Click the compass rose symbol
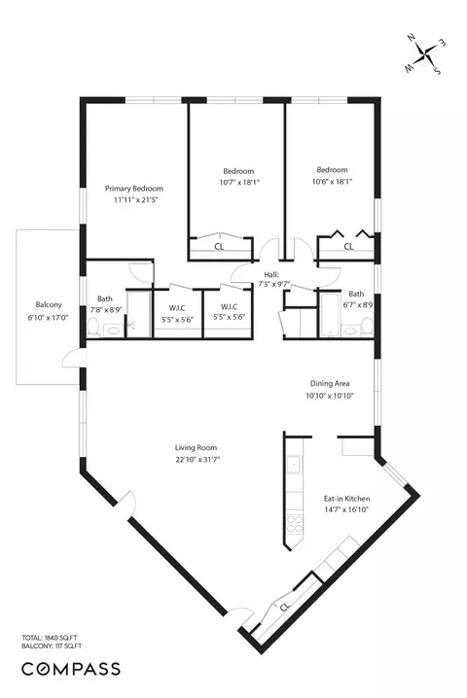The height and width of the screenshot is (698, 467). pyautogui.click(x=425, y=54)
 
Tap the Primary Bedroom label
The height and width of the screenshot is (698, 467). pyautogui.click(x=134, y=189)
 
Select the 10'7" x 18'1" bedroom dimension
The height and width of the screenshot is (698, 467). pyautogui.click(x=239, y=182)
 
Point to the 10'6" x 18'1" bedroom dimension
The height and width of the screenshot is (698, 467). pyautogui.click(x=332, y=182)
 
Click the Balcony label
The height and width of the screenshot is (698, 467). pyautogui.click(x=49, y=304)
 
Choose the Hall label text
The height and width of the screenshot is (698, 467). pyautogui.click(x=271, y=275)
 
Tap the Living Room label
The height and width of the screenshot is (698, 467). pyautogui.click(x=196, y=447)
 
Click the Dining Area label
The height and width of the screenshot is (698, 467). pyautogui.click(x=330, y=383)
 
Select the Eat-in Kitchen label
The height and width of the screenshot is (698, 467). pyautogui.click(x=346, y=499)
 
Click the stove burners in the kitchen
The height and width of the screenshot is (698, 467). pyautogui.click(x=294, y=524)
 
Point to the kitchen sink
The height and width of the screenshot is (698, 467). pyautogui.click(x=294, y=466)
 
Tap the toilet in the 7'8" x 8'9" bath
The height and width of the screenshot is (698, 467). pyautogui.click(x=93, y=328)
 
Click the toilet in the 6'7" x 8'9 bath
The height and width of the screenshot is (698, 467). pyautogui.click(x=367, y=327)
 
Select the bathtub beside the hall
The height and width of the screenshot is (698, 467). pyautogui.click(x=330, y=315)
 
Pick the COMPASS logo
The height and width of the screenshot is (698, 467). pyautogui.click(x=71, y=669)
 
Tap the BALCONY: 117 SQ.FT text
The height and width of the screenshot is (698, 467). pyautogui.click(x=52, y=646)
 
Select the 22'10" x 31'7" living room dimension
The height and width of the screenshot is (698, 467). pyautogui.click(x=198, y=460)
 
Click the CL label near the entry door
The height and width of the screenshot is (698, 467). pyautogui.click(x=285, y=607)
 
